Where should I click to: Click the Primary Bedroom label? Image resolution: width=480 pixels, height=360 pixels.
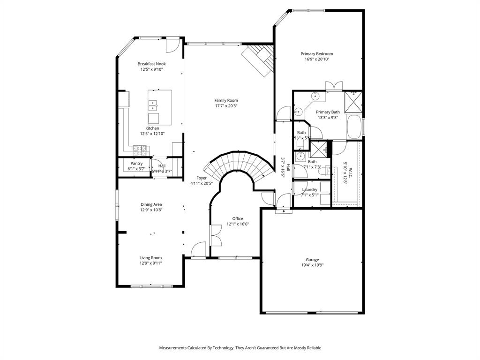click(317, 54)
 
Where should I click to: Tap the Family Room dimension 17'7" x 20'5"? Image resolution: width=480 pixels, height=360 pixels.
click(226, 106)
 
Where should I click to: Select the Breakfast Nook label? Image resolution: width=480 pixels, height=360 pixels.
click(151, 64)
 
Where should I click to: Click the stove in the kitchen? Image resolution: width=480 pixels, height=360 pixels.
click(140, 150)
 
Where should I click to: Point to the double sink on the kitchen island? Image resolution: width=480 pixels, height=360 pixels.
click(153, 105)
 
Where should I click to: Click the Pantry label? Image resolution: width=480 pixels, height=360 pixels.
click(136, 164)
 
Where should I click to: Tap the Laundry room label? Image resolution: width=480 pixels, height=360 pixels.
click(310, 189)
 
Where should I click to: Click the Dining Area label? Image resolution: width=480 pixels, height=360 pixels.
click(151, 204)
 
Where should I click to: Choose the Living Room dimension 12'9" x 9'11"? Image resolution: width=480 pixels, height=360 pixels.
click(150, 263)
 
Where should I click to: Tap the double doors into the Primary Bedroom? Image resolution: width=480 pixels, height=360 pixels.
click(334, 86)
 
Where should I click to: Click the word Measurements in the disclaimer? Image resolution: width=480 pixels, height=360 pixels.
click(173, 348)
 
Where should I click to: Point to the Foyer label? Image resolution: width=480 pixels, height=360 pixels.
click(202, 178)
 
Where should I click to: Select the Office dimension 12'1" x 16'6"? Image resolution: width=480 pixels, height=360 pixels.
click(238, 224)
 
